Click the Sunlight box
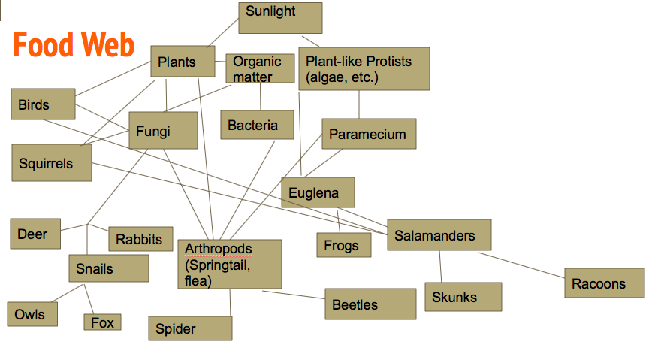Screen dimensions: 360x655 click(x=280, y=18)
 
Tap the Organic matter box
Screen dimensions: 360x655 click(x=260, y=68)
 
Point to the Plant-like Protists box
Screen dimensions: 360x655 click(x=364, y=69)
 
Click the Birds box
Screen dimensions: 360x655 click(x=43, y=104)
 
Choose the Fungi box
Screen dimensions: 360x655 click(x=163, y=131)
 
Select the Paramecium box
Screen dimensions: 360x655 click(x=369, y=134)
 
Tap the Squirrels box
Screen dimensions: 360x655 click(x=51, y=162)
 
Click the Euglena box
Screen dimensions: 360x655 click(x=318, y=192)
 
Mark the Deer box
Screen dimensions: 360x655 click(x=35, y=234)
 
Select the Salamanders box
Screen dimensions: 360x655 click(x=439, y=235)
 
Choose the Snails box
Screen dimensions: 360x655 click(x=108, y=268)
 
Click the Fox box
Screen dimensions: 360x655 click(x=102, y=322)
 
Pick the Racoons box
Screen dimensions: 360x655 click(x=604, y=283)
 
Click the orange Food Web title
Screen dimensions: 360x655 click(x=74, y=46)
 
